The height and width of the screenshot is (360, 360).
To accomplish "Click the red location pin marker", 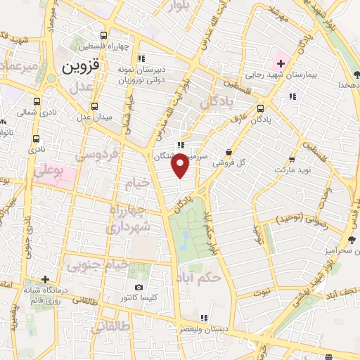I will pos(181,167).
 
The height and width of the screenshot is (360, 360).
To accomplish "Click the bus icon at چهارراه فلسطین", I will pos(104,34).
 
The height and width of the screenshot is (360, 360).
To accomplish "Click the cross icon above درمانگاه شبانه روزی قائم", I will pos(45,280).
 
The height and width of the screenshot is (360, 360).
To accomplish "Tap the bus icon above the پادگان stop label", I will pos(261,108).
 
